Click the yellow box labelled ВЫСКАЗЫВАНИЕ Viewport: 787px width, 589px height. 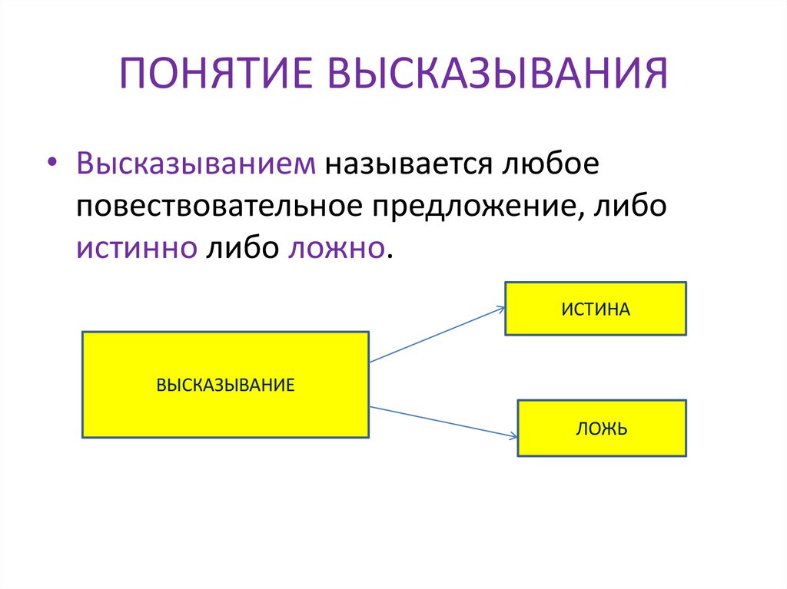(x=225, y=385)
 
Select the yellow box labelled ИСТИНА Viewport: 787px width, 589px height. (x=595, y=309)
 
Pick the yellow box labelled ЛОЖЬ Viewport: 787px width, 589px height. (x=602, y=429)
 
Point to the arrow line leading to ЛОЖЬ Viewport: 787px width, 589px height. (x=442, y=422)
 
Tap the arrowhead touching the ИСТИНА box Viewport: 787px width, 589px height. (x=500, y=309)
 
